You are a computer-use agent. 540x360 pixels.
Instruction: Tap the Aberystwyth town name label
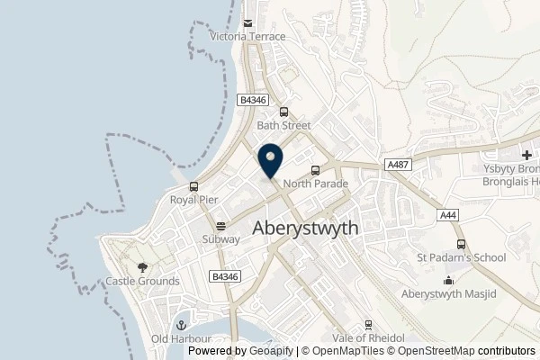tap(306, 229)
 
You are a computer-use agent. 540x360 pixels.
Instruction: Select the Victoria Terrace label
tap(247, 37)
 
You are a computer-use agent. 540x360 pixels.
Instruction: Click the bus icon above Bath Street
tap(284, 112)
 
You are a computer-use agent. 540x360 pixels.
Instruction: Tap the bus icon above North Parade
tap(314, 170)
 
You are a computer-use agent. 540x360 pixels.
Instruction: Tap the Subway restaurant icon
tap(220, 226)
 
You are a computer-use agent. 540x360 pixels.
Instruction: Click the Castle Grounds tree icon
tap(142, 267)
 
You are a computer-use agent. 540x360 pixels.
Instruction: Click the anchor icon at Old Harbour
tap(179, 325)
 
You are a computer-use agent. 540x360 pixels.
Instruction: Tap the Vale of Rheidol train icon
tap(368, 325)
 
